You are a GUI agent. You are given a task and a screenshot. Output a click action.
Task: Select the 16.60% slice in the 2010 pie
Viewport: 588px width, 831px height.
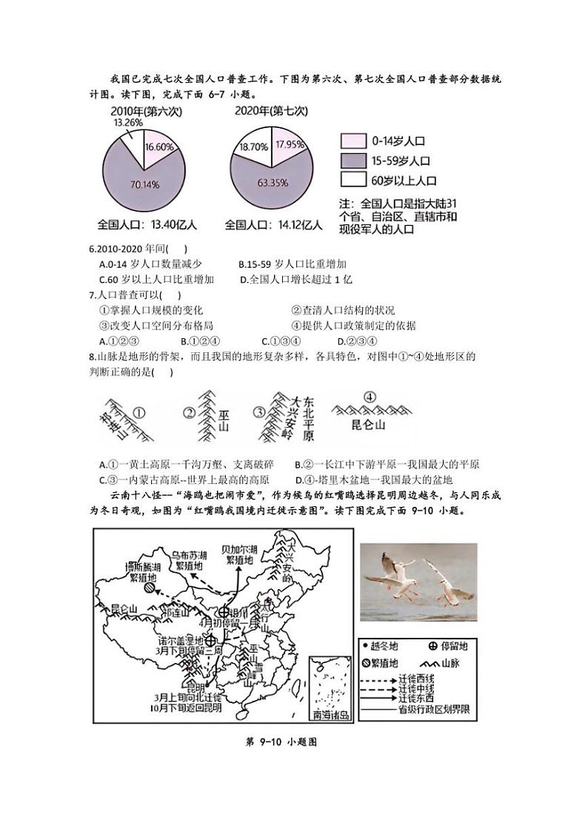coord(159,147)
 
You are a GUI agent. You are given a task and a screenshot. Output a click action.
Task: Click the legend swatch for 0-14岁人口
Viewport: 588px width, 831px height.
coord(353,141)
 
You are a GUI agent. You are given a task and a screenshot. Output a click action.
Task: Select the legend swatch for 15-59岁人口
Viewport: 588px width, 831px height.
coord(353,160)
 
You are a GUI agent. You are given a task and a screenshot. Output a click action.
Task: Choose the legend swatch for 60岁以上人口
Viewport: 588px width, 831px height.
coord(353,179)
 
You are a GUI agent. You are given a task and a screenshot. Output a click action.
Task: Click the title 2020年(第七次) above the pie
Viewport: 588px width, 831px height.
coord(270,111)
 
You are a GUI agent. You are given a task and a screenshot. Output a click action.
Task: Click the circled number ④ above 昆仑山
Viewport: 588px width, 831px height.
coord(370,397)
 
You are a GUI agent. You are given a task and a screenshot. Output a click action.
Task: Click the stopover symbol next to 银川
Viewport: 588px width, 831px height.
coord(224,612)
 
